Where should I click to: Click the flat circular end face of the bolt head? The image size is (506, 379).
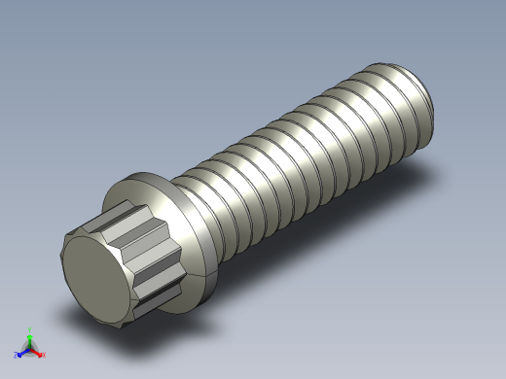tap(93, 281)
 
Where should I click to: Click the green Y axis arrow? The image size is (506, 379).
tap(29, 334)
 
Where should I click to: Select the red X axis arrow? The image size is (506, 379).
tap(38, 351)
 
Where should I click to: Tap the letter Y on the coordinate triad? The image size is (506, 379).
tap(30, 328)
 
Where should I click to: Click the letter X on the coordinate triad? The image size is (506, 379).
tap(44, 355)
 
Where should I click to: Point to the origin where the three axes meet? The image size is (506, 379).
tap(29, 347)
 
